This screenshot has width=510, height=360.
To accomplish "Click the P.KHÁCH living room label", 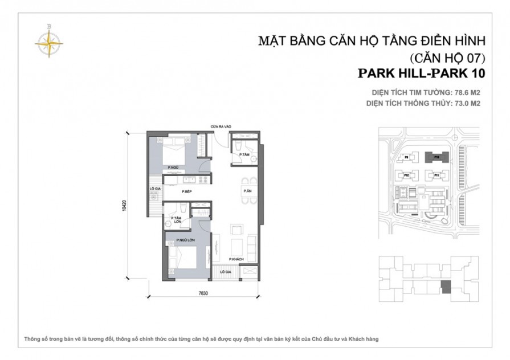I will [x=236, y=259].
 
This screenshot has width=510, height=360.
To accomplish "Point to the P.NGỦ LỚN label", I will [x=186, y=240].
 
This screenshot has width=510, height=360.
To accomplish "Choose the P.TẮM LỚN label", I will [x=176, y=220].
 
